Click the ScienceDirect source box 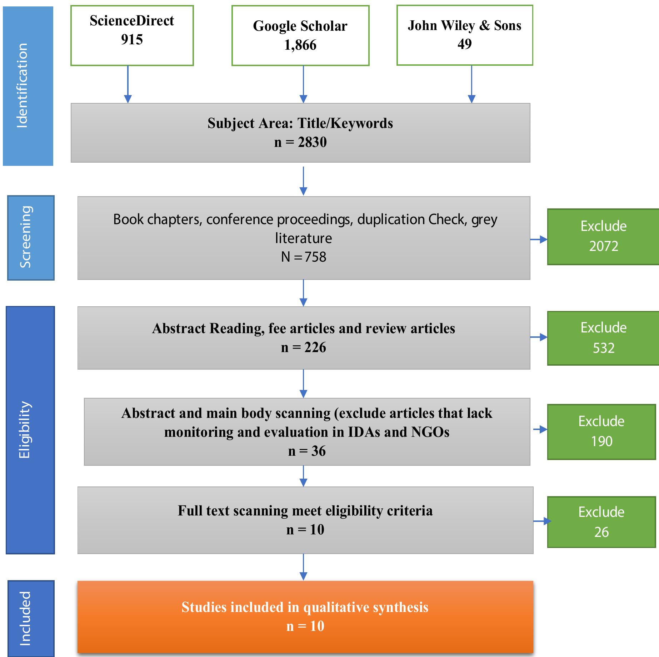(x=132, y=35)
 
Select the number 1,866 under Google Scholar (x=300, y=45)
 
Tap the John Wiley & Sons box (x=464, y=35)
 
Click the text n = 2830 (x=300, y=142)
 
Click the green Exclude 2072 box (x=603, y=237)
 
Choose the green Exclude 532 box (x=603, y=338)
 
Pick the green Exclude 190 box (x=601, y=431)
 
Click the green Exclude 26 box (x=601, y=522)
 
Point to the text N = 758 (x=303, y=257)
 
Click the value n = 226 (x=303, y=347)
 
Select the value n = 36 (x=306, y=451)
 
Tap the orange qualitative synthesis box (x=305, y=617)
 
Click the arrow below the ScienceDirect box (x=128, y=84)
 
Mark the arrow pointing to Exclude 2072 (x=539, y=239)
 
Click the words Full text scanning (x=233, y=510)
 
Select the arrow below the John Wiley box (x=471, y=84)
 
